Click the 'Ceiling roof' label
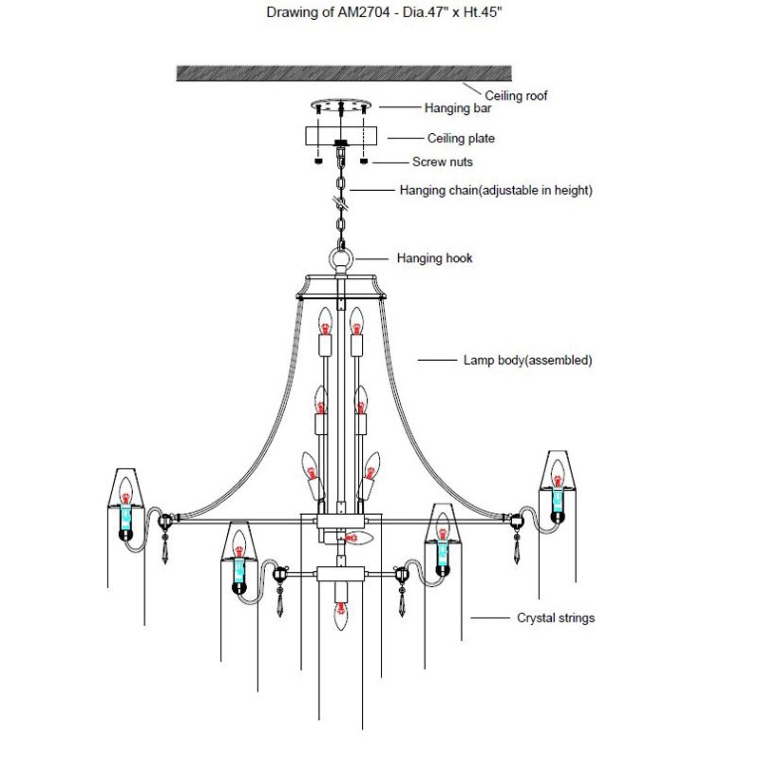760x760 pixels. [x=516, y=96]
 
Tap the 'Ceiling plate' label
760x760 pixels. [x=461, y=139]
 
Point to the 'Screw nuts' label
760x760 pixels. [x=442, y=162]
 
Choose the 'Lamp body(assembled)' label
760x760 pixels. [x=527, y=361]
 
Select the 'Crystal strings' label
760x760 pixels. [x=556, y=617]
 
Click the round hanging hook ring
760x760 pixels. [x=341, y=258]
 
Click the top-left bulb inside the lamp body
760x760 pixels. [x=325, y=321]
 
